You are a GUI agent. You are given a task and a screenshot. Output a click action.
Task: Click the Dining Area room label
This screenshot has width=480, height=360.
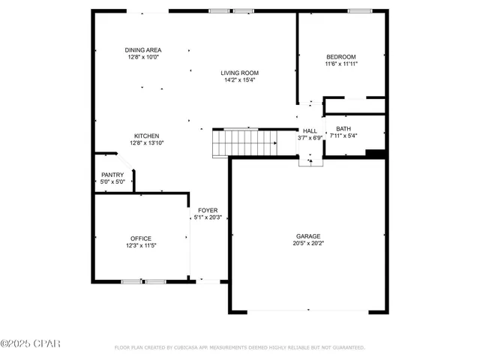(x=142, y=50)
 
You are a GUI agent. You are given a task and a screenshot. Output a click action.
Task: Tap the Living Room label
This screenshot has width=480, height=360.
(x=239, y=73)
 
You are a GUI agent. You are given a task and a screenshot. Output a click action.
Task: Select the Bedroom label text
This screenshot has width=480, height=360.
(x=340, y=57)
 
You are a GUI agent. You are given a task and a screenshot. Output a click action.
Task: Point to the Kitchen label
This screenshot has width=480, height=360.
(x=146, y=136)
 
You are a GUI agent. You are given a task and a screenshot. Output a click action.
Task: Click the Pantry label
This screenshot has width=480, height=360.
(x=112, y=175)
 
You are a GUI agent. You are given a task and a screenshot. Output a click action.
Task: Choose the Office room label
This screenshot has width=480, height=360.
(x=141, y=238)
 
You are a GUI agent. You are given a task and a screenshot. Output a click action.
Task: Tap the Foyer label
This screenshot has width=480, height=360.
(x=208, y=211)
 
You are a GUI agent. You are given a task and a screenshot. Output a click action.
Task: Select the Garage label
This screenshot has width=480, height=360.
(x=307, y=235)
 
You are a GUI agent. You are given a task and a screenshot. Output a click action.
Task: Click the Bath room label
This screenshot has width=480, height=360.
(x=343, y=129)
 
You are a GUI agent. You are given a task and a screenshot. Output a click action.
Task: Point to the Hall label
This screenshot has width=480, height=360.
(x=309, y=130)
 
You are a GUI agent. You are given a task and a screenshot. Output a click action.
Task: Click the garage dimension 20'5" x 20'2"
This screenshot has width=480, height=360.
(x=307, y=243)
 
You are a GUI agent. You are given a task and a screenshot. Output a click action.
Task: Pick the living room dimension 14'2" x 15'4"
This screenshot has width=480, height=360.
(x=239, y=80)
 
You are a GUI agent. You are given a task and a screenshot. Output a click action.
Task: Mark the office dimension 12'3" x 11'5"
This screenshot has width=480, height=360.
(x=141, y=245)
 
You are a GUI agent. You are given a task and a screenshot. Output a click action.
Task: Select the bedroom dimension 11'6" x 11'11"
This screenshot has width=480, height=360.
(x=340, y=64)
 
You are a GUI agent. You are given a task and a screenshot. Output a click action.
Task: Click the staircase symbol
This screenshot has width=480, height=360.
(x=245, y=142)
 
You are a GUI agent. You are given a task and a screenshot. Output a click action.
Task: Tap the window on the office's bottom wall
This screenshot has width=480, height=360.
(x=143, y=282)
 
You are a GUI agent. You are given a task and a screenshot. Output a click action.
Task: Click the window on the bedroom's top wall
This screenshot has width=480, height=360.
(x=359, y=10)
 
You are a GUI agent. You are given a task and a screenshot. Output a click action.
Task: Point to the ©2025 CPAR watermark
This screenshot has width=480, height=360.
(x=30, y=346)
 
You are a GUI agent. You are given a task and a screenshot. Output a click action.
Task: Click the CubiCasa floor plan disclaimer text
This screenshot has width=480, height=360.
(x=239, y=348)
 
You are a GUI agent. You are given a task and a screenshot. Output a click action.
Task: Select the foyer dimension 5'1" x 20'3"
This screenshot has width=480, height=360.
(x=208, y=218)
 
